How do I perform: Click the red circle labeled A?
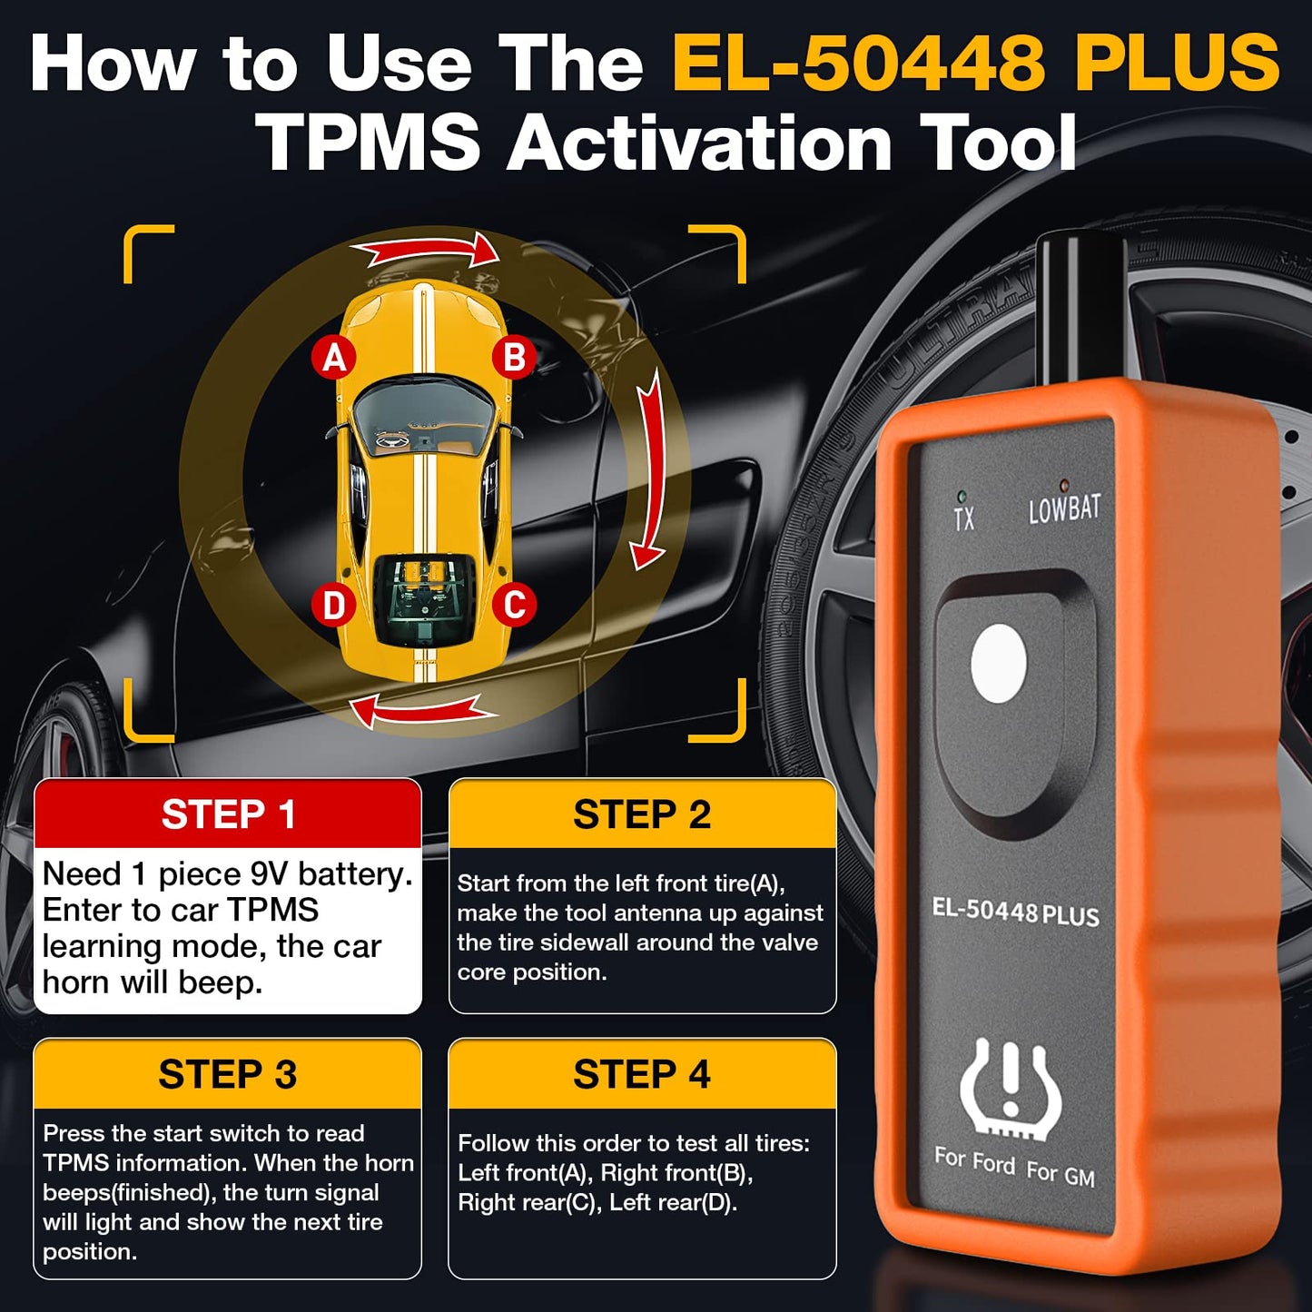point(334,359)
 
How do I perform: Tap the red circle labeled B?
point(514,358)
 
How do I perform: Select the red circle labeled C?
point(514,605)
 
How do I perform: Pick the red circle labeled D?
point(333,605)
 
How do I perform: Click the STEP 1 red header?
point(228,814)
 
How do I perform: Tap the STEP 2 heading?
point(642,814)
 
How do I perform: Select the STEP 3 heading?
point(228,1074)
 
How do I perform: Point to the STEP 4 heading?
point(642,1074)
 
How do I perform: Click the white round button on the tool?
point(999,664)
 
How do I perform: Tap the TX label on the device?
point(964,518)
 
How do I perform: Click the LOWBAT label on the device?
point(1064,509)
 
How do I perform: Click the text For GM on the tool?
point(1060,1173)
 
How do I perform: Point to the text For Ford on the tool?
point(974,1159)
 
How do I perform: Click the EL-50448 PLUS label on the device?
point(1015,912)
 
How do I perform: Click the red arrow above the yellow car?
point(425,250)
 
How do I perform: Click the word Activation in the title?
point(700,143)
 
